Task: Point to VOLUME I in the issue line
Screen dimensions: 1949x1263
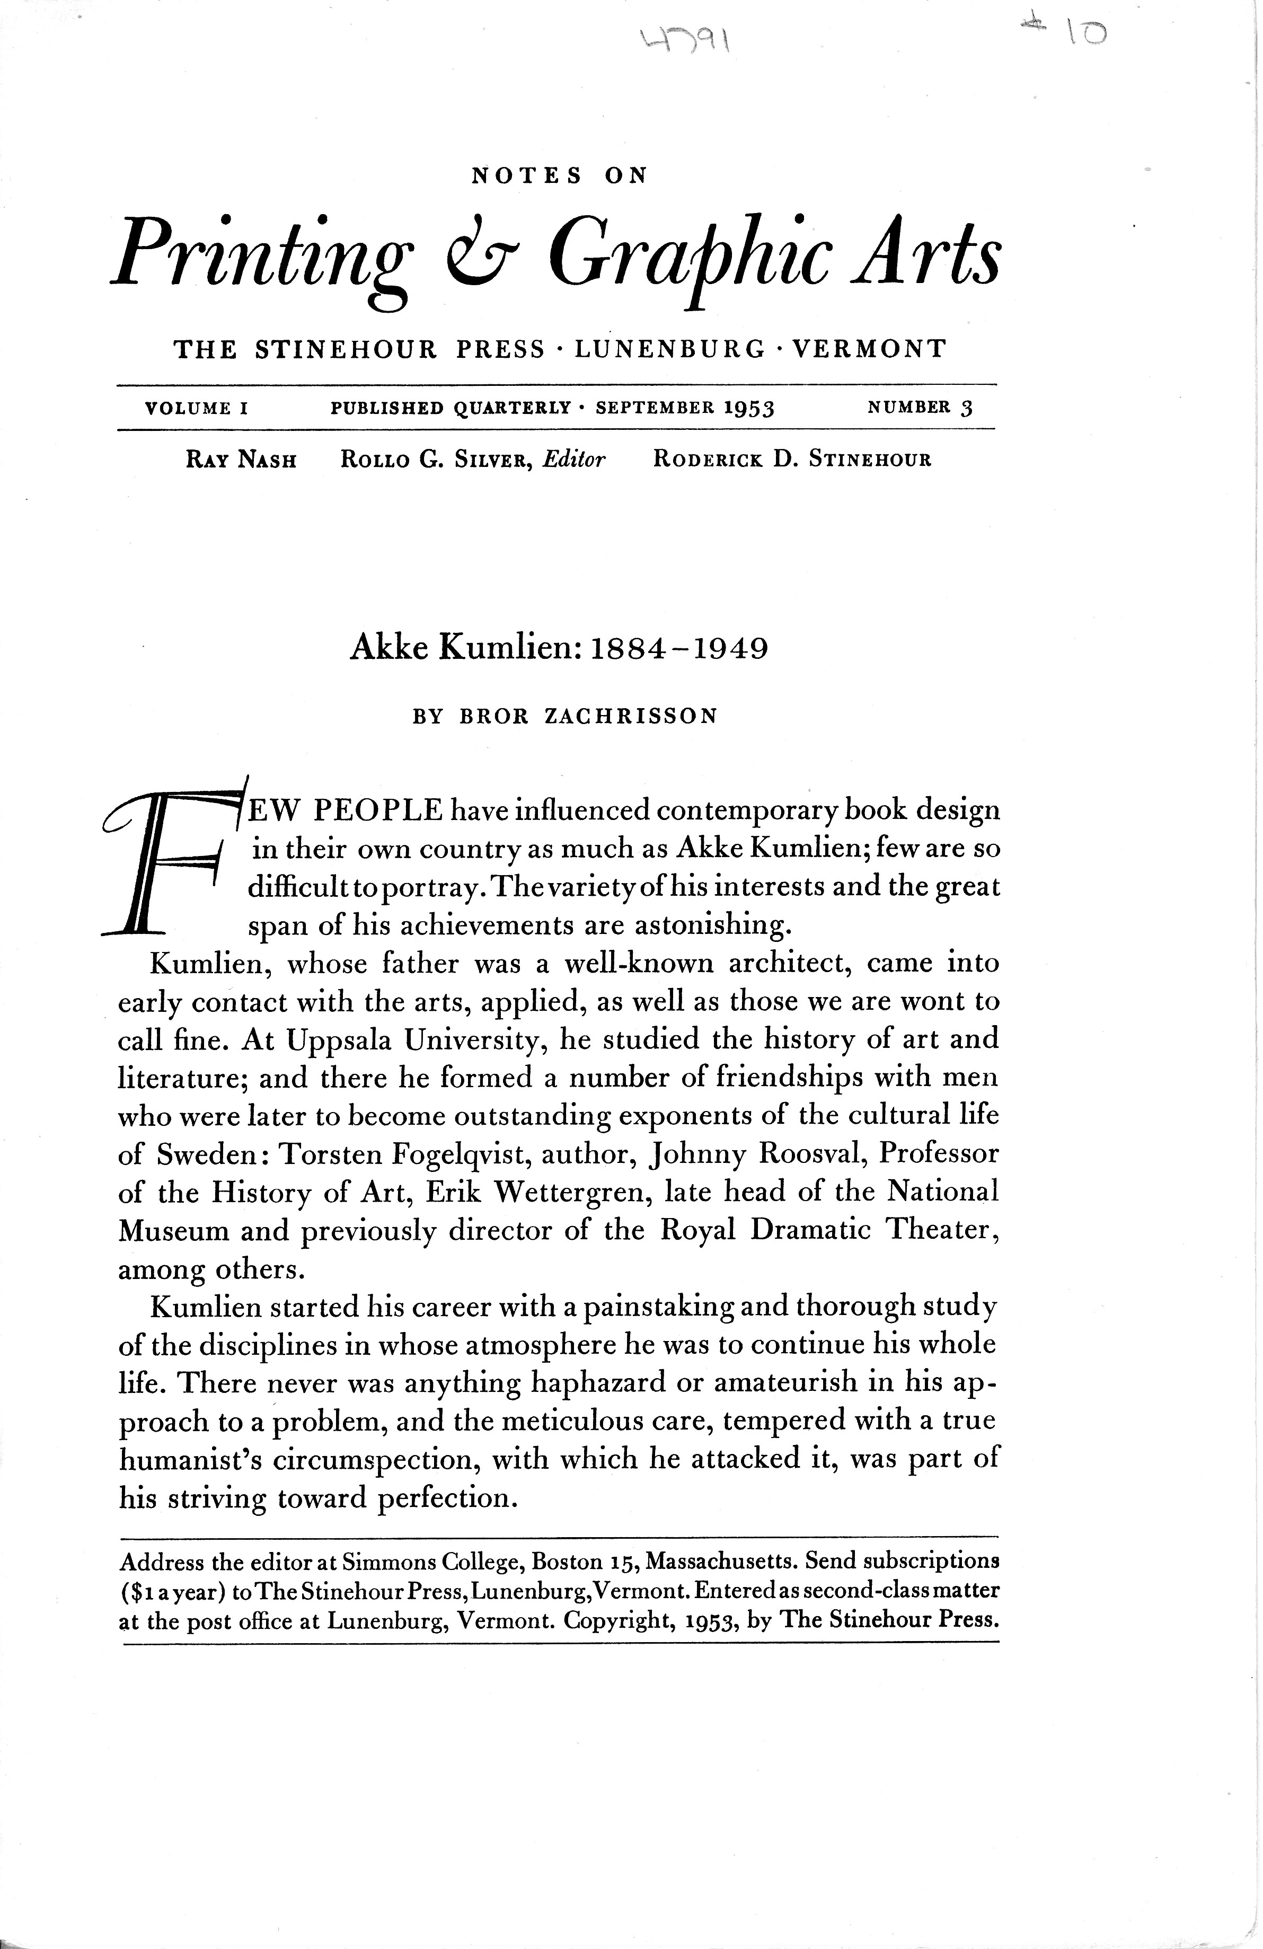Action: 197,408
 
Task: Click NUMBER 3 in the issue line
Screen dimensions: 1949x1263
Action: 920,408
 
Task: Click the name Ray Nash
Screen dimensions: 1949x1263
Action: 241,460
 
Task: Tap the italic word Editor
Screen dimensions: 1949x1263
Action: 573,460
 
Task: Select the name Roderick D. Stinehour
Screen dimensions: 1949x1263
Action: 792,460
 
